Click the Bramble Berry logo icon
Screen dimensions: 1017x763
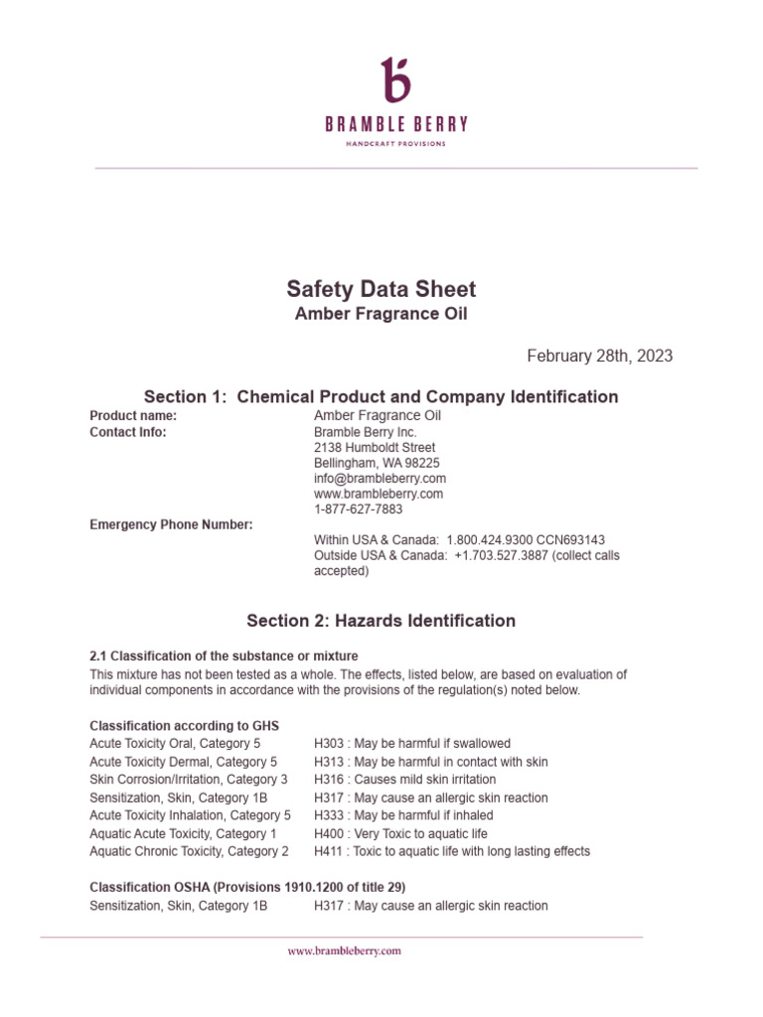395,79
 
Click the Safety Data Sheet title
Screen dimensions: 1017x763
381,289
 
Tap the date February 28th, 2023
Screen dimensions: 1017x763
599,356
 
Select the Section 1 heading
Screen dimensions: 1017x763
381,396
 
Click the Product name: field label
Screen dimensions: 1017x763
133,415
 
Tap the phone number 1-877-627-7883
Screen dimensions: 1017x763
359,508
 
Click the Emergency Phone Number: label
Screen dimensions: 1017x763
171,524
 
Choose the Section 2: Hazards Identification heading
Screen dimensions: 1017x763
381,621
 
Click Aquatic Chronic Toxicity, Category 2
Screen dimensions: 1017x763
189,851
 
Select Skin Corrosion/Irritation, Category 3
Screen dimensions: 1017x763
189,780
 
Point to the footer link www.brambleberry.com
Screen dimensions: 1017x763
344,950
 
